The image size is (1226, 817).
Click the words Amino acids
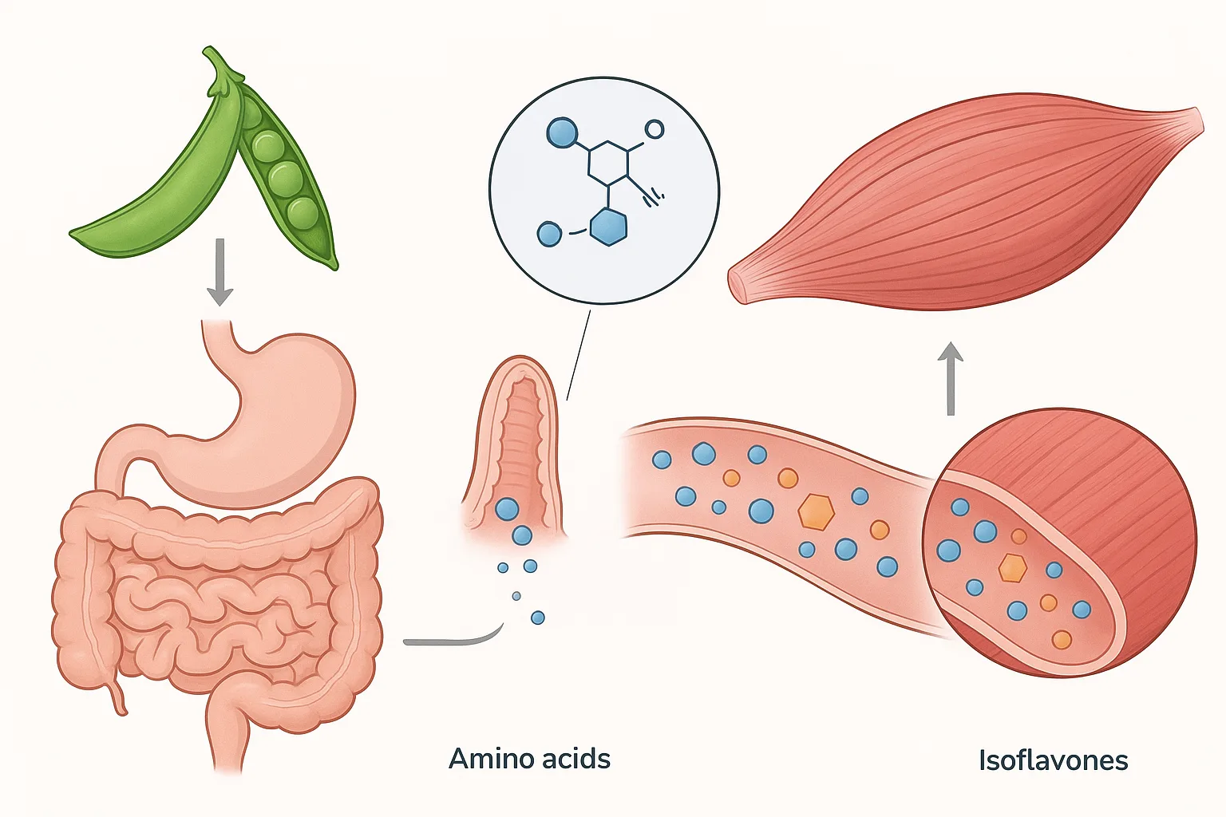529,758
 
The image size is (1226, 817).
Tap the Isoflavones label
1053,760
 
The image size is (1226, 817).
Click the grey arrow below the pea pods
219,271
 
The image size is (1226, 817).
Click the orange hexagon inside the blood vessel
816,511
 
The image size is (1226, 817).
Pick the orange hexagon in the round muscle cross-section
1012,567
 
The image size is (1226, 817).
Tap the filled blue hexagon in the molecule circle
608,227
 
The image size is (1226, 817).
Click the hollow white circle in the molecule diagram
654,129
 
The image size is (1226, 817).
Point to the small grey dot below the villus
516,596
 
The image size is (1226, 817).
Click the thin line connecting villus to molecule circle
578,355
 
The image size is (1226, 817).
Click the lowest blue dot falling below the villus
538,618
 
